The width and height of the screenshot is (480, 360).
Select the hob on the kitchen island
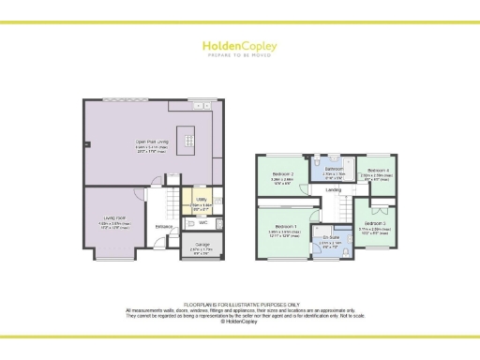(x=187, y=142)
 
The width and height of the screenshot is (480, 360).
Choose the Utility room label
(x=200, y=200)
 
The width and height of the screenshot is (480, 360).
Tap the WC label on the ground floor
(x=203, y=222)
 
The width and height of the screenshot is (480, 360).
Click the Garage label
(x=202, y=245)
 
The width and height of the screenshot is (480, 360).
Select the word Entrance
(x=163, y=227)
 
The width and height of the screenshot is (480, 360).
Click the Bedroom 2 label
(x=283, y=174)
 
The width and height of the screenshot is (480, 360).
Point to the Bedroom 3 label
(x=376, y=222)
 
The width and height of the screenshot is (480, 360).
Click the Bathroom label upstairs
(x=334, y=169)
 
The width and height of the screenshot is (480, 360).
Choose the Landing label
(x=334, y=190)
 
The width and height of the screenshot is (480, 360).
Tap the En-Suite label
(x=333, y=239)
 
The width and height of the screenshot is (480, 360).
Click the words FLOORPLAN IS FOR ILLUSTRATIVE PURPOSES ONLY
(x=240, y=305)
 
